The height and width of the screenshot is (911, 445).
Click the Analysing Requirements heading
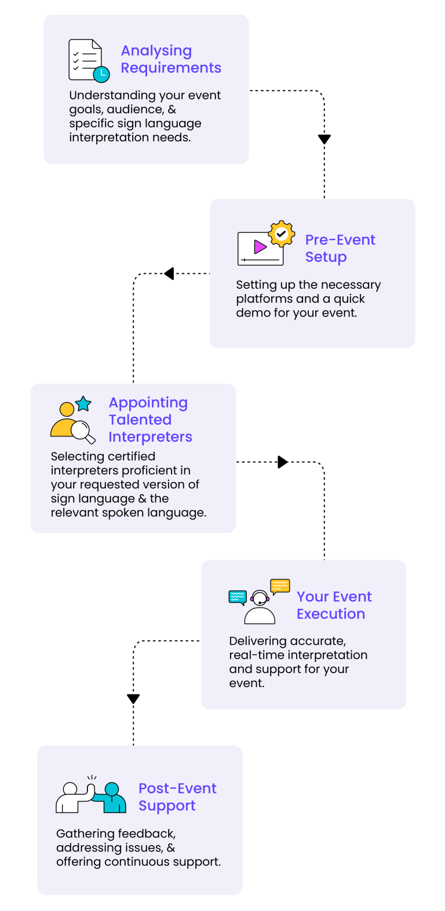coord(170,60)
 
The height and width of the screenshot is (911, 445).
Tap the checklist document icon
coord(85,59)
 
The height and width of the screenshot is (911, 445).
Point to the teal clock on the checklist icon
coord(101,74)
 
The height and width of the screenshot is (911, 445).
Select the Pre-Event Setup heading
coord(340,248)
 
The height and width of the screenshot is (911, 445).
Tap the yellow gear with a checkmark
coord(282,234)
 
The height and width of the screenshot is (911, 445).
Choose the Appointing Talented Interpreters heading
coord(150,420)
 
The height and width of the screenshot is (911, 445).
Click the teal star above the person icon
coord(83,403)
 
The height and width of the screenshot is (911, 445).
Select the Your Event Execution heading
coord(334,605)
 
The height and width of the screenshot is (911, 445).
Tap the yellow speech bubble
coord(280,586)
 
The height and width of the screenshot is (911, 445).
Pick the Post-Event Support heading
coord(177,797)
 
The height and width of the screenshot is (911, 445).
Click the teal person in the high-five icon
coord(112,798)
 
